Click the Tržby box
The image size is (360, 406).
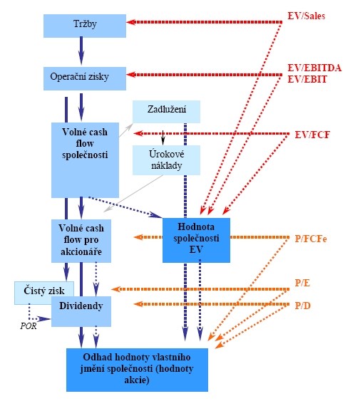tap(85, 26)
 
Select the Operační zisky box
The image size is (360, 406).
tap(85, 79)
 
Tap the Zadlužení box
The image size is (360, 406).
tap(166, 112)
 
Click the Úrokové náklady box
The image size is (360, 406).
tap(166, 160)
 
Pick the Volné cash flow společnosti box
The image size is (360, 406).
tap(85, 160)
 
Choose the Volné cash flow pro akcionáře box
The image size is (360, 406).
tap(81, 241)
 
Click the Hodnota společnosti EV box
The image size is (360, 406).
tap(196, 240)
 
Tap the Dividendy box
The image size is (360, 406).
tap(81, 311)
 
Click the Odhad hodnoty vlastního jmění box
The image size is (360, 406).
tap(137, 370)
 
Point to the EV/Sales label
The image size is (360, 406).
tap(307, 16)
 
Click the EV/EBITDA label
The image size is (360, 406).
tap(314, 68)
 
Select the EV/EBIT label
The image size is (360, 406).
tap(307, 79)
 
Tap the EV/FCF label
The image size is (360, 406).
tap(312, 135)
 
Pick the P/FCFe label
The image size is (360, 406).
tap(311, 239)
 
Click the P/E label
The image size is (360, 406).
tap(302, 283)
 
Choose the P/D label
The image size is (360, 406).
tap(302, 306)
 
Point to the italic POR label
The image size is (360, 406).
tap(29, 326)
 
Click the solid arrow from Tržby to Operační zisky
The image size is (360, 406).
tap(81, 51)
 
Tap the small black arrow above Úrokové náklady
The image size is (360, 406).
tap(163, 137)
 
